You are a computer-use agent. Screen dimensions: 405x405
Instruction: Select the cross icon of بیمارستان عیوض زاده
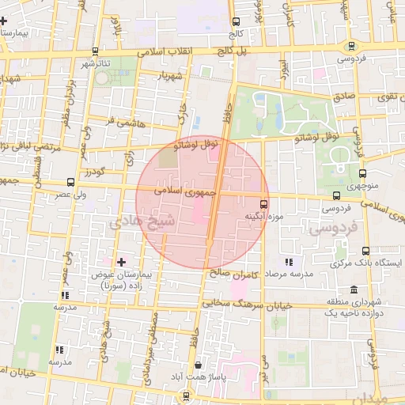coord(120,261)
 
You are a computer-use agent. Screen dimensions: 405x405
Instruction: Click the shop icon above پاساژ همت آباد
coord(197,365)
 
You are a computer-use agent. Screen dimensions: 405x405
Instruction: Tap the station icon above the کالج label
coord(235,22)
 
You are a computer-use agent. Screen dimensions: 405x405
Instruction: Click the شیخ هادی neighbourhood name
coord(117,224)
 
